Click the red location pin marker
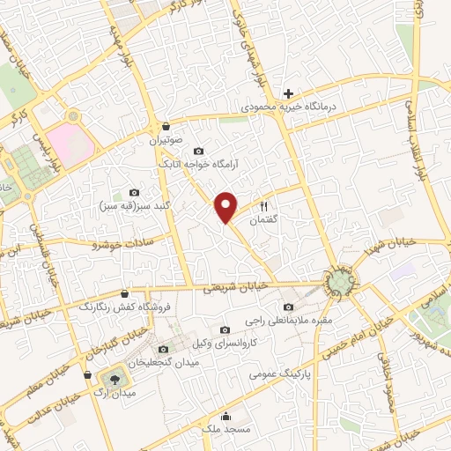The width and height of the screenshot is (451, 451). [226, 206]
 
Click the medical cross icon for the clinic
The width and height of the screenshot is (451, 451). [288, 92]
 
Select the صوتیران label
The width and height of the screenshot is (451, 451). [165, 140]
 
